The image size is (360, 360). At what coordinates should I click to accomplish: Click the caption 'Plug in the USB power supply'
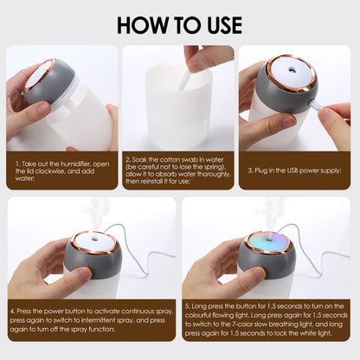tap(295, 171)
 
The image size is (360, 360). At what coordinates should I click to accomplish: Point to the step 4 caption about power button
tap(93, 320)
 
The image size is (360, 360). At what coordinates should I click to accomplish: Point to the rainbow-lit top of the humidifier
tap(265, 241)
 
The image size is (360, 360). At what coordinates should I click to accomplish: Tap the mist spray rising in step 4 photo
tap(99, 212)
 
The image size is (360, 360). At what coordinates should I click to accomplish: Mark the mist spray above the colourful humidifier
tap(271, 212)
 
